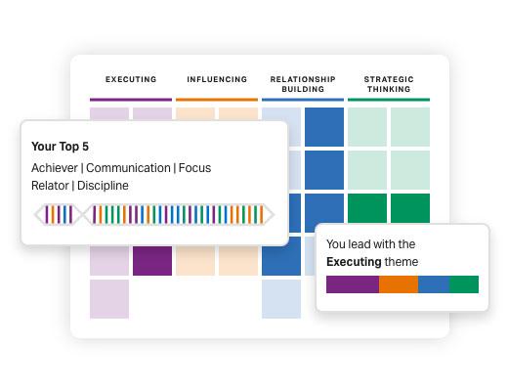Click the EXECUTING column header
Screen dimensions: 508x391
131,79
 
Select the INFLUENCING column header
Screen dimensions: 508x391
217,79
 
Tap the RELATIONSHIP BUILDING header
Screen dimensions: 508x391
303,84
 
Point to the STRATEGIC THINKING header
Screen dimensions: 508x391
389,84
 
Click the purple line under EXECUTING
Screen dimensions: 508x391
131,100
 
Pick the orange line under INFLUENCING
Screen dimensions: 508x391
217,100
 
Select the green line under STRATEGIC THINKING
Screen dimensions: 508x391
389,100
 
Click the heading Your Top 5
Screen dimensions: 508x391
60,147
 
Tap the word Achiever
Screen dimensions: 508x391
55,168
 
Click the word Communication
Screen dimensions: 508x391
128,168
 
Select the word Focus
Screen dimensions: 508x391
194,168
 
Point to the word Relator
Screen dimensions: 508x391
50,186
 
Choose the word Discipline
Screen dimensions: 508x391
103,186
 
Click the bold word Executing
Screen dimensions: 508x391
354,262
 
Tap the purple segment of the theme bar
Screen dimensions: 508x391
353,284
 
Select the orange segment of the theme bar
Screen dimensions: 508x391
399,284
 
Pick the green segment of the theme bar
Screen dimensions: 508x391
464,284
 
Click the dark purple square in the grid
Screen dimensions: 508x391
152,261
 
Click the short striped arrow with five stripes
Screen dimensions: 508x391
59,215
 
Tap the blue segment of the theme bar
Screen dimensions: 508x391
434,284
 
